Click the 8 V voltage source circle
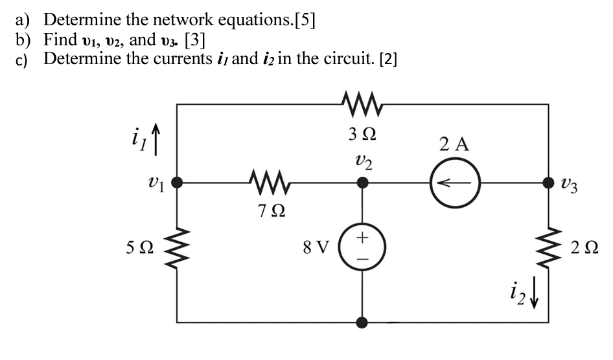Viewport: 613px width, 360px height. point(363,247)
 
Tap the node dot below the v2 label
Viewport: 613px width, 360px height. point(363,183)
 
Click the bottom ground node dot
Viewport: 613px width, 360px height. point(363,322)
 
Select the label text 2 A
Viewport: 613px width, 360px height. point(454,144)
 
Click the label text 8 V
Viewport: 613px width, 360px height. point(317,248)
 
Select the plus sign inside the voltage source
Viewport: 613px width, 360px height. point(363,238)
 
